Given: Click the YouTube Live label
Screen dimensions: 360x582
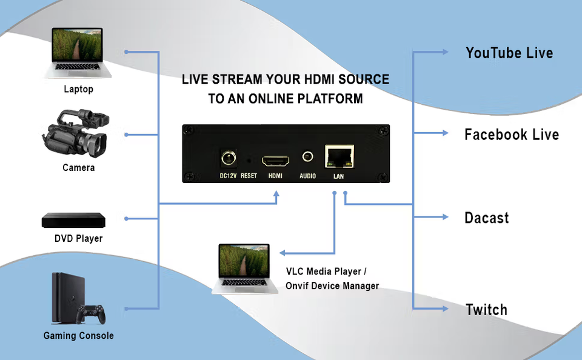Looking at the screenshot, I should coord(509,53).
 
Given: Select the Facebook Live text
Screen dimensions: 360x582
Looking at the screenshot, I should coord(511,135).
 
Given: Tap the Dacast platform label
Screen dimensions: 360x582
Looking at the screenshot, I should coord(486,218).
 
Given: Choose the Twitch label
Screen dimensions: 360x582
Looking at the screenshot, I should coord(486,310).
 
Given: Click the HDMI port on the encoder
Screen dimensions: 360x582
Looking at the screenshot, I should coord(275,161).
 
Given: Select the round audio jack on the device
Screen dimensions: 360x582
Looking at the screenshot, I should coord(307,157).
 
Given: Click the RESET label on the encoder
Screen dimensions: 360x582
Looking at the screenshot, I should coord(249,176).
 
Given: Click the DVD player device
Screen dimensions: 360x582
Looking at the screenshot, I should coord(72,220).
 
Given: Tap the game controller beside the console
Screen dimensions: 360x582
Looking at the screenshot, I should coord(93,313).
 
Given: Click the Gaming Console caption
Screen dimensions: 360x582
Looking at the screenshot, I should coord(78,336).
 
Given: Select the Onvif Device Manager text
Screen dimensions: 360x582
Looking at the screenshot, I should coord(332,285).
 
